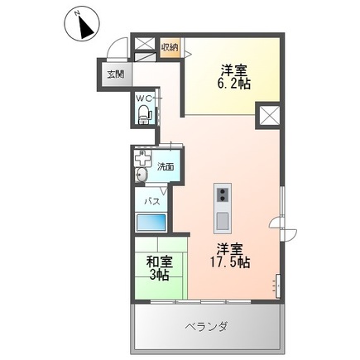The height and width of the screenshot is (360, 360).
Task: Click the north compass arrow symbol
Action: click(x=82, y=26)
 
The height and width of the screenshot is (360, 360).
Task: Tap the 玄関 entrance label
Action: click(x=114, y=74)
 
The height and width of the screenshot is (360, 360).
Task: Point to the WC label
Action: click(x=143, y=98)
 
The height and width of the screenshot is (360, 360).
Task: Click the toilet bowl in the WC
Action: click(x=143, y=114)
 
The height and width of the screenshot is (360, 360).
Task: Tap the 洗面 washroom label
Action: click(x=166, y=166)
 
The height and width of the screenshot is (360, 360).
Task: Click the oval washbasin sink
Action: click(x=141, y=176)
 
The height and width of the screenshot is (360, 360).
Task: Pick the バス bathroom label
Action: click(x=152, y=201)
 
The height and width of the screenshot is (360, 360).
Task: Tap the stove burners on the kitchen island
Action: click(x=222, y=195)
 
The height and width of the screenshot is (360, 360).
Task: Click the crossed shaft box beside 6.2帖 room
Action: click(x=271, y=117)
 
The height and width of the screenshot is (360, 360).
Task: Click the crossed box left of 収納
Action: click(x=145, y=45)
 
